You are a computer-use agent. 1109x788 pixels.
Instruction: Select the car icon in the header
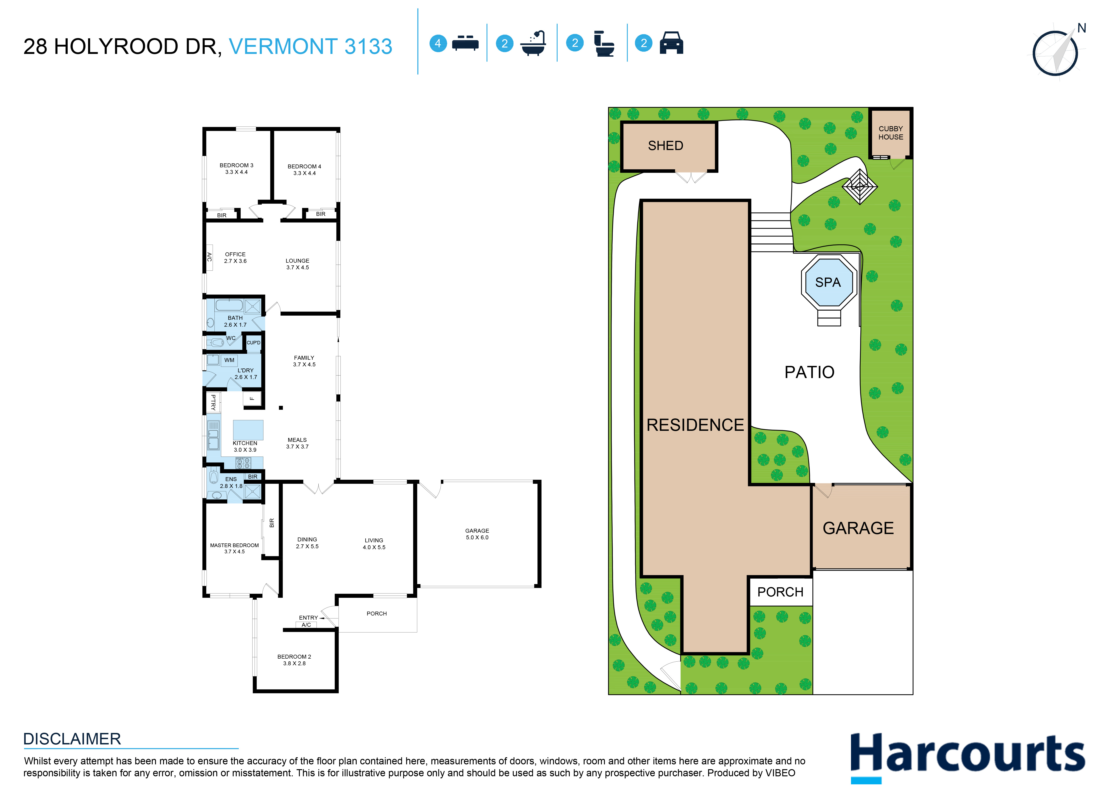pyautogui.click(x=671, y=43)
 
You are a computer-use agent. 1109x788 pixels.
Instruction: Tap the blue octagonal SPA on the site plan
pyautogui.click(x=828, y=282)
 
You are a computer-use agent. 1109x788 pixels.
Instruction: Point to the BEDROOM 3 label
pyautogui.click(x=236, y=168)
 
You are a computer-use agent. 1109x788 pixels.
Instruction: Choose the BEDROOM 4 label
pyautogui.click(x=304, y=169)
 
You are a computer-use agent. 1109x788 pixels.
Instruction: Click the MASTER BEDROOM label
pyautogui.click(x=234, y=548)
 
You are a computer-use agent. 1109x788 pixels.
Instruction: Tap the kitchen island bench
pyautogui.click(x=248, y=429)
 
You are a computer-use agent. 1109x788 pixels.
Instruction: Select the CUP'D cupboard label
pyautogui.click(x=253, y=342)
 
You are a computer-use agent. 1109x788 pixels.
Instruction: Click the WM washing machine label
pyautogui.click(x=229, y=360)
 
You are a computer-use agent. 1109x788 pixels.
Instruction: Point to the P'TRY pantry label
pyautogui.click(x=213, y=402)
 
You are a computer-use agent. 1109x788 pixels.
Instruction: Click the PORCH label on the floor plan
pyautogui.click(x=376, y=613)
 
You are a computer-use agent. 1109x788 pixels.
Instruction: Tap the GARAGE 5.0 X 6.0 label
pyautogui.click(x=477, y=534)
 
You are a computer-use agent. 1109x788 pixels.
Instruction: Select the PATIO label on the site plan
pyautogui.click(x=809, y=372)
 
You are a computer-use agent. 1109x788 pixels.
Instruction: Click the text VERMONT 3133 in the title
pyautogui.click(x=311, y=47)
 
